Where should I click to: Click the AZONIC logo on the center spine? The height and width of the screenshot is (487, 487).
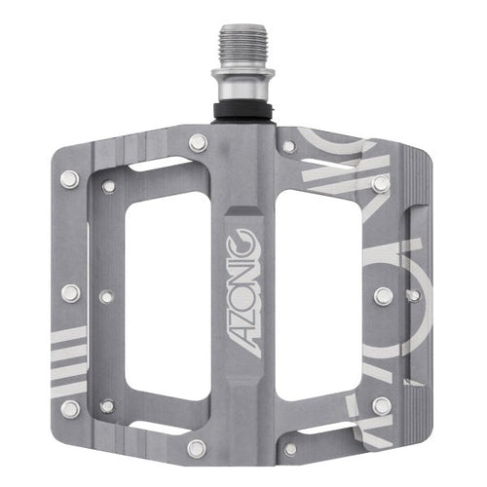pos(243,292)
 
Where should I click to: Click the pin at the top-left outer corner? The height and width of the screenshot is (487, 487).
pos(69,178)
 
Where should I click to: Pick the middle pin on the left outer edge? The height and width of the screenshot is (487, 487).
pos(70,292)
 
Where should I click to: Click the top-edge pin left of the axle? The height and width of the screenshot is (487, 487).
pos(198,142)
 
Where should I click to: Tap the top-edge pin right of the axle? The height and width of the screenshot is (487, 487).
pos(288,146)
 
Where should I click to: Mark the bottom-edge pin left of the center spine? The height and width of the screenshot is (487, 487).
pos(197,448)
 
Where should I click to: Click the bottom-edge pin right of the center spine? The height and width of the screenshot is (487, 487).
pos(289,448)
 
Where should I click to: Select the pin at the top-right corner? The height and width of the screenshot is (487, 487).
pos(381,182)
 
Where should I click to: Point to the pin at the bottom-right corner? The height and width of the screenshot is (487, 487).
pos(382,406)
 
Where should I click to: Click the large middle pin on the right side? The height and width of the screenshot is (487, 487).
pos(385,295)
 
